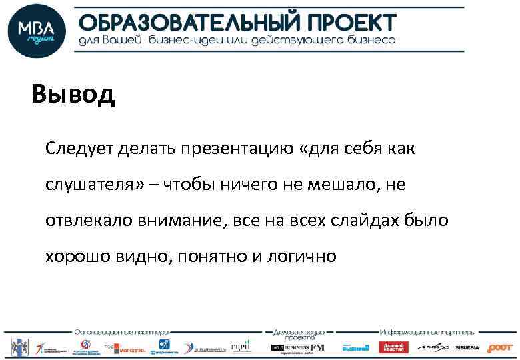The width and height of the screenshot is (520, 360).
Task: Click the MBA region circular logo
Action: (x=37, y=32)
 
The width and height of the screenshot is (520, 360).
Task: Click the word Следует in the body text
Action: (x=80, y=148)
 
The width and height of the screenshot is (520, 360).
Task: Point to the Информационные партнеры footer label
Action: (x=427, y=331)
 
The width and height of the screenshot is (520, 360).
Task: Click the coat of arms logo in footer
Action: (x=17, y=347)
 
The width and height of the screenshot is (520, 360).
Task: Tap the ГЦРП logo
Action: (x=239, y=347)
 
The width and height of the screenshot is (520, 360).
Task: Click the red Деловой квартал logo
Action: (x=393, y=347)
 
